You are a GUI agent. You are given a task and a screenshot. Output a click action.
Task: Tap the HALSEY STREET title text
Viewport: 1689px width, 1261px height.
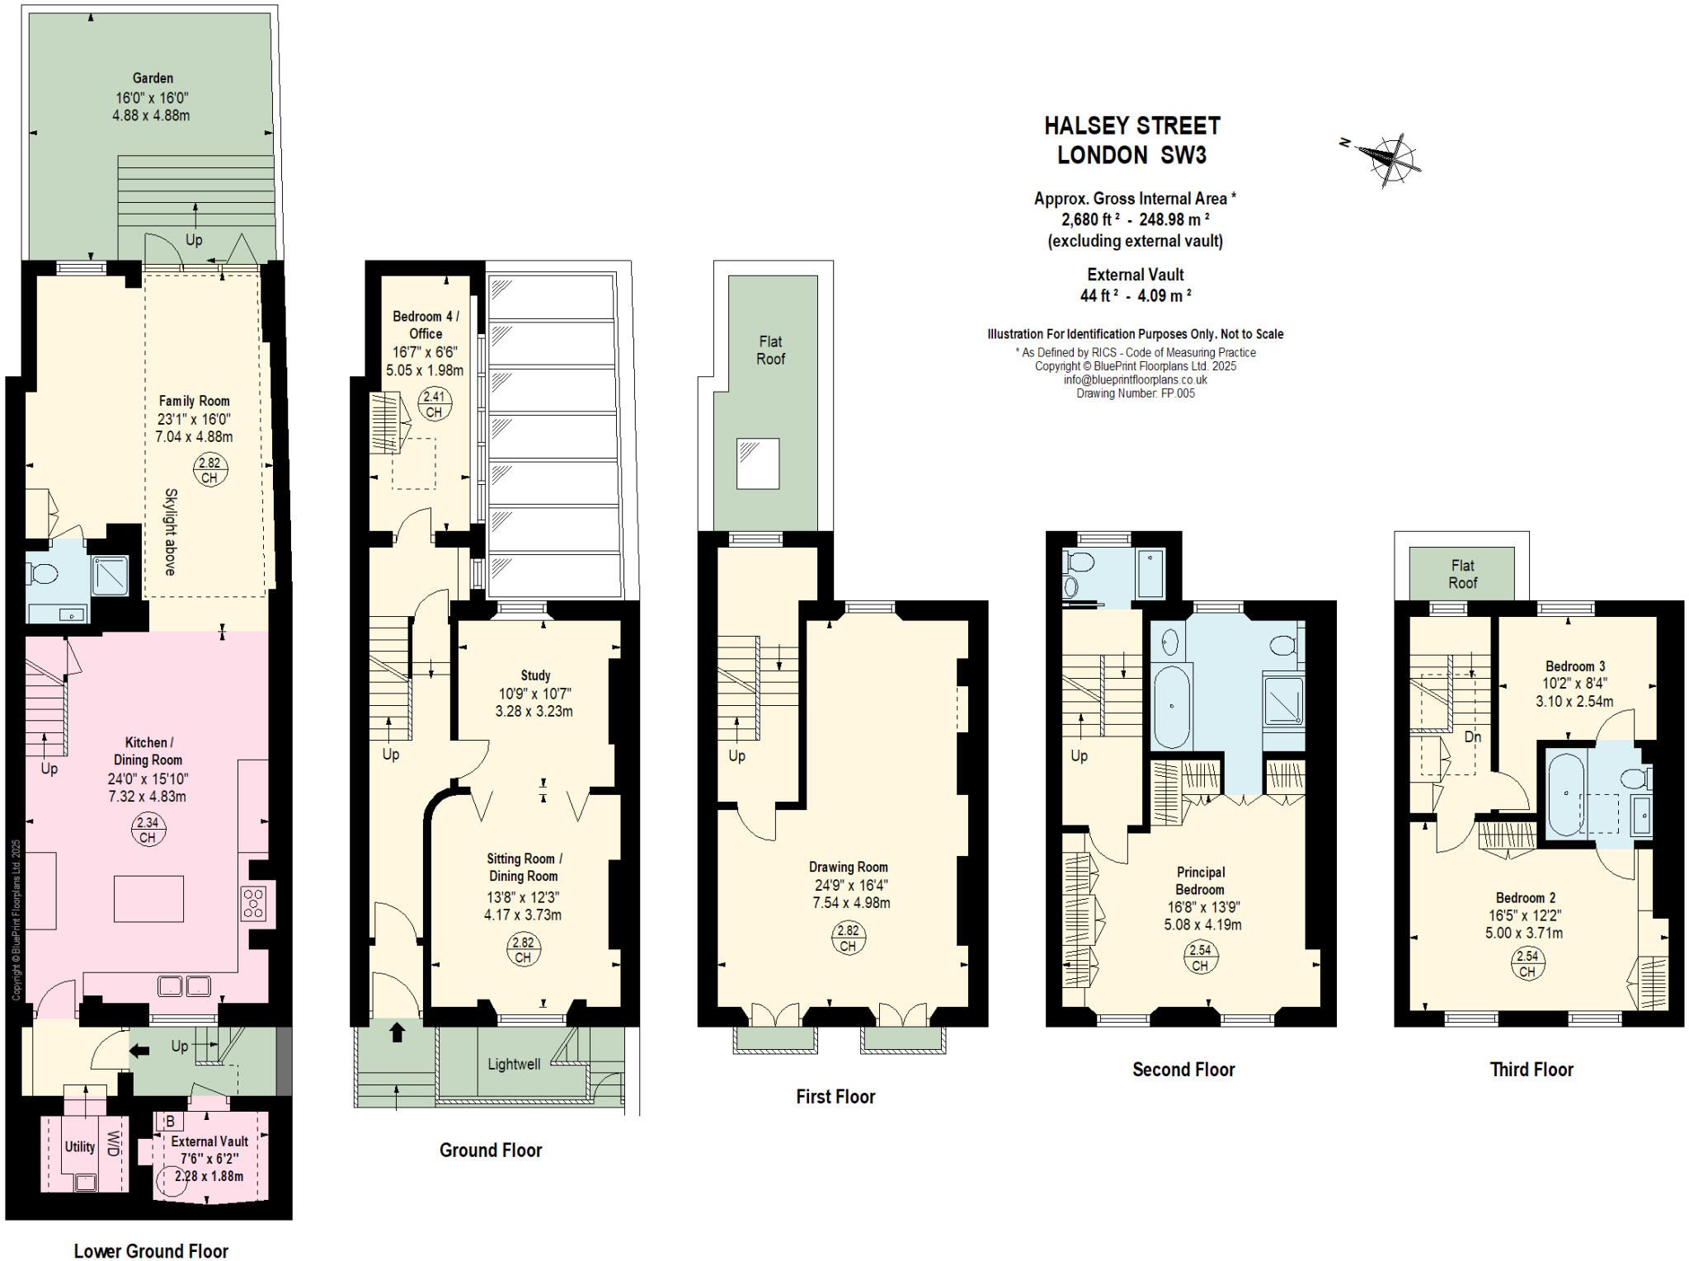click(x=1131, y=126)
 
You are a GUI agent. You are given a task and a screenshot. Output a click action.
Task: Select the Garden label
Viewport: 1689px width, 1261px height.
click(x=153, y=78)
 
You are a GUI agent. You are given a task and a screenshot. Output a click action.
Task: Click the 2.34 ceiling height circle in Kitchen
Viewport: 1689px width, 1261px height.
click(x=148, y=829)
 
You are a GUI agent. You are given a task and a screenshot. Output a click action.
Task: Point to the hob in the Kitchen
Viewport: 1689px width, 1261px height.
click(x=253, y=902)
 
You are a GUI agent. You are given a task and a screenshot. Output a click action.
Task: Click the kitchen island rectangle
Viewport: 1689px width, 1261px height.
click(x=148, y=898)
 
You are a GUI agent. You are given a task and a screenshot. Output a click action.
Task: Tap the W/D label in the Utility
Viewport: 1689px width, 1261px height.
click(x=115, y=1144)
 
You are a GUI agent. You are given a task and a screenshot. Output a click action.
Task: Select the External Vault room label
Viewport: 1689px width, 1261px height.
click(x=209, y=1141)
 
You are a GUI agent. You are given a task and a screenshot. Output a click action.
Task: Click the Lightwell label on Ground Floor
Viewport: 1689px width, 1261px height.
click(x=514, y=1064)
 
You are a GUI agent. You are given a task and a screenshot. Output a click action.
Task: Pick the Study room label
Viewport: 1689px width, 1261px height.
click(x=535, y=675)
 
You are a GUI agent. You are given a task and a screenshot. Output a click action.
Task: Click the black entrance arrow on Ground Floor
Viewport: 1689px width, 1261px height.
click(x=398, y=1031)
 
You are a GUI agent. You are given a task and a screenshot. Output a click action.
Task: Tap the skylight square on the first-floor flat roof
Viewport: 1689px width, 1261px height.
click(x=757, y=463)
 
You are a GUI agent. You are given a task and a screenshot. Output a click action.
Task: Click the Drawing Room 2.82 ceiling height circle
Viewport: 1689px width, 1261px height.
click(x=848, y=938)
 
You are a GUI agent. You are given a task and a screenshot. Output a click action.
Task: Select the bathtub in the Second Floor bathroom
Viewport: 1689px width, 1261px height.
click(x=1171, y=707)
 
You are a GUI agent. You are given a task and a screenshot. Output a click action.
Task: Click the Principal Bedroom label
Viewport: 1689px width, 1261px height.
click(x=1200, y=880)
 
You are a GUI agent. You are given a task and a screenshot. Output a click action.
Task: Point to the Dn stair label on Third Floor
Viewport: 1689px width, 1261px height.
click(x=1472, y=736)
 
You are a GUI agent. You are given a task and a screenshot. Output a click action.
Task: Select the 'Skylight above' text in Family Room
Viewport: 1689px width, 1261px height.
click(x=170, y=532)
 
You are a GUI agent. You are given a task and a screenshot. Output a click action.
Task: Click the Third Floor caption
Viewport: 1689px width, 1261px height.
click(x=1531, y=1070)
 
